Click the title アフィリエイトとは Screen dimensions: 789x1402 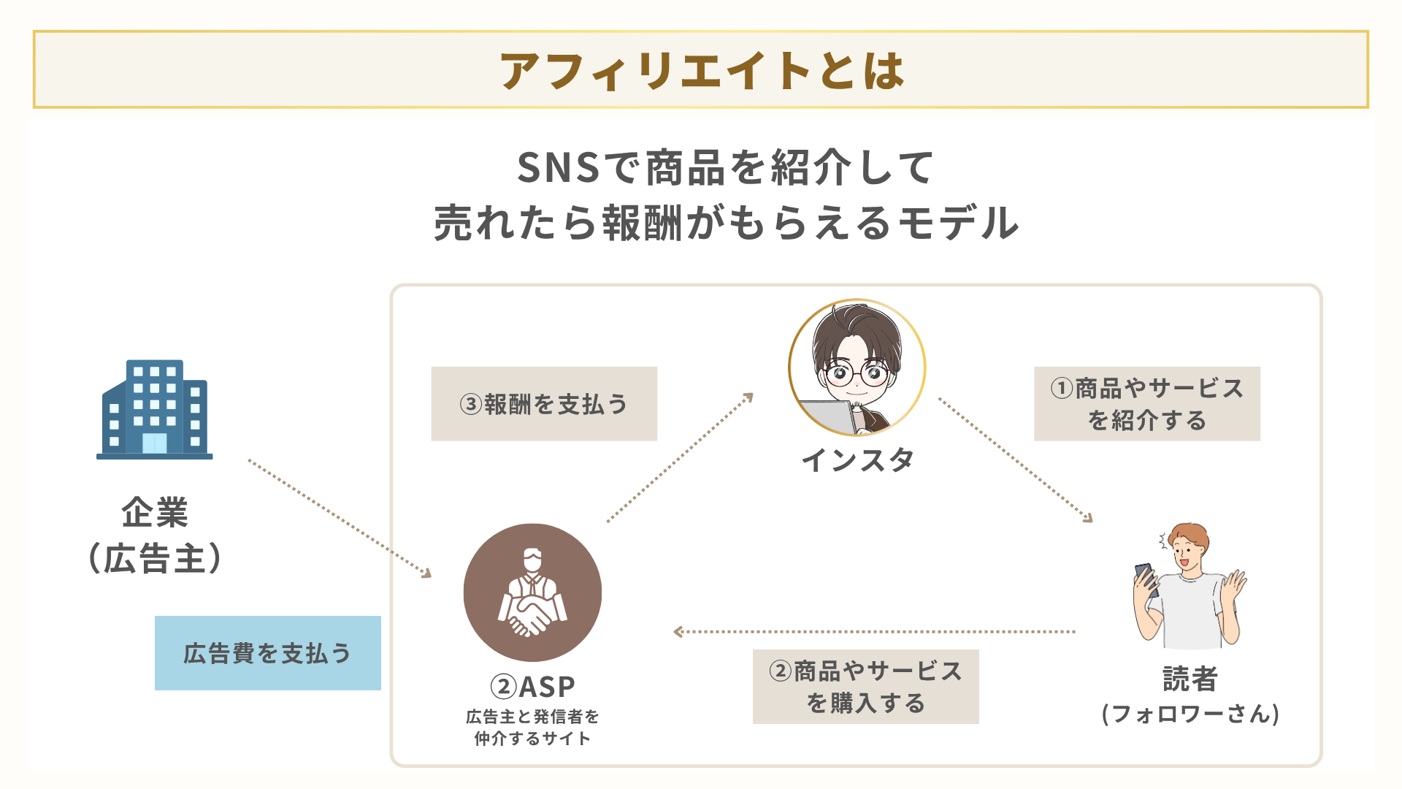coord(701,71)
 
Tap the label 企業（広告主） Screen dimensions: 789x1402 coord(155,535)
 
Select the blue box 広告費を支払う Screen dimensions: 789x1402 coord(267,653)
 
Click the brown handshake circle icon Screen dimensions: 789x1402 coord(532,592)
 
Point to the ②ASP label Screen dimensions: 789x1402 coord(532,687)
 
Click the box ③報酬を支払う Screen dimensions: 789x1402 coord(544,404)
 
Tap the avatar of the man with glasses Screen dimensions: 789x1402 coord(857,367)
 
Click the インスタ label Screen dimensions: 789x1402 coord(857,460)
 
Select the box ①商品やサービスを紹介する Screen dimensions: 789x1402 coord(1146,404)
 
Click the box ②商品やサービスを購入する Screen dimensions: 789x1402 coord(865,687)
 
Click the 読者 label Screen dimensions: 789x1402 coord(1190,679)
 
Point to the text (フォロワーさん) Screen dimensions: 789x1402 coord(1190,714)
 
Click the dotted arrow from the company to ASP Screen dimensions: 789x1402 coord(340,518)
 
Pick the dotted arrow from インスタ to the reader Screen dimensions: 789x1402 coord(1015,460)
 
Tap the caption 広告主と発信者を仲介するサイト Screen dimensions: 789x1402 coord(532,728)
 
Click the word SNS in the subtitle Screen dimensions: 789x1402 coord(559,168)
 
